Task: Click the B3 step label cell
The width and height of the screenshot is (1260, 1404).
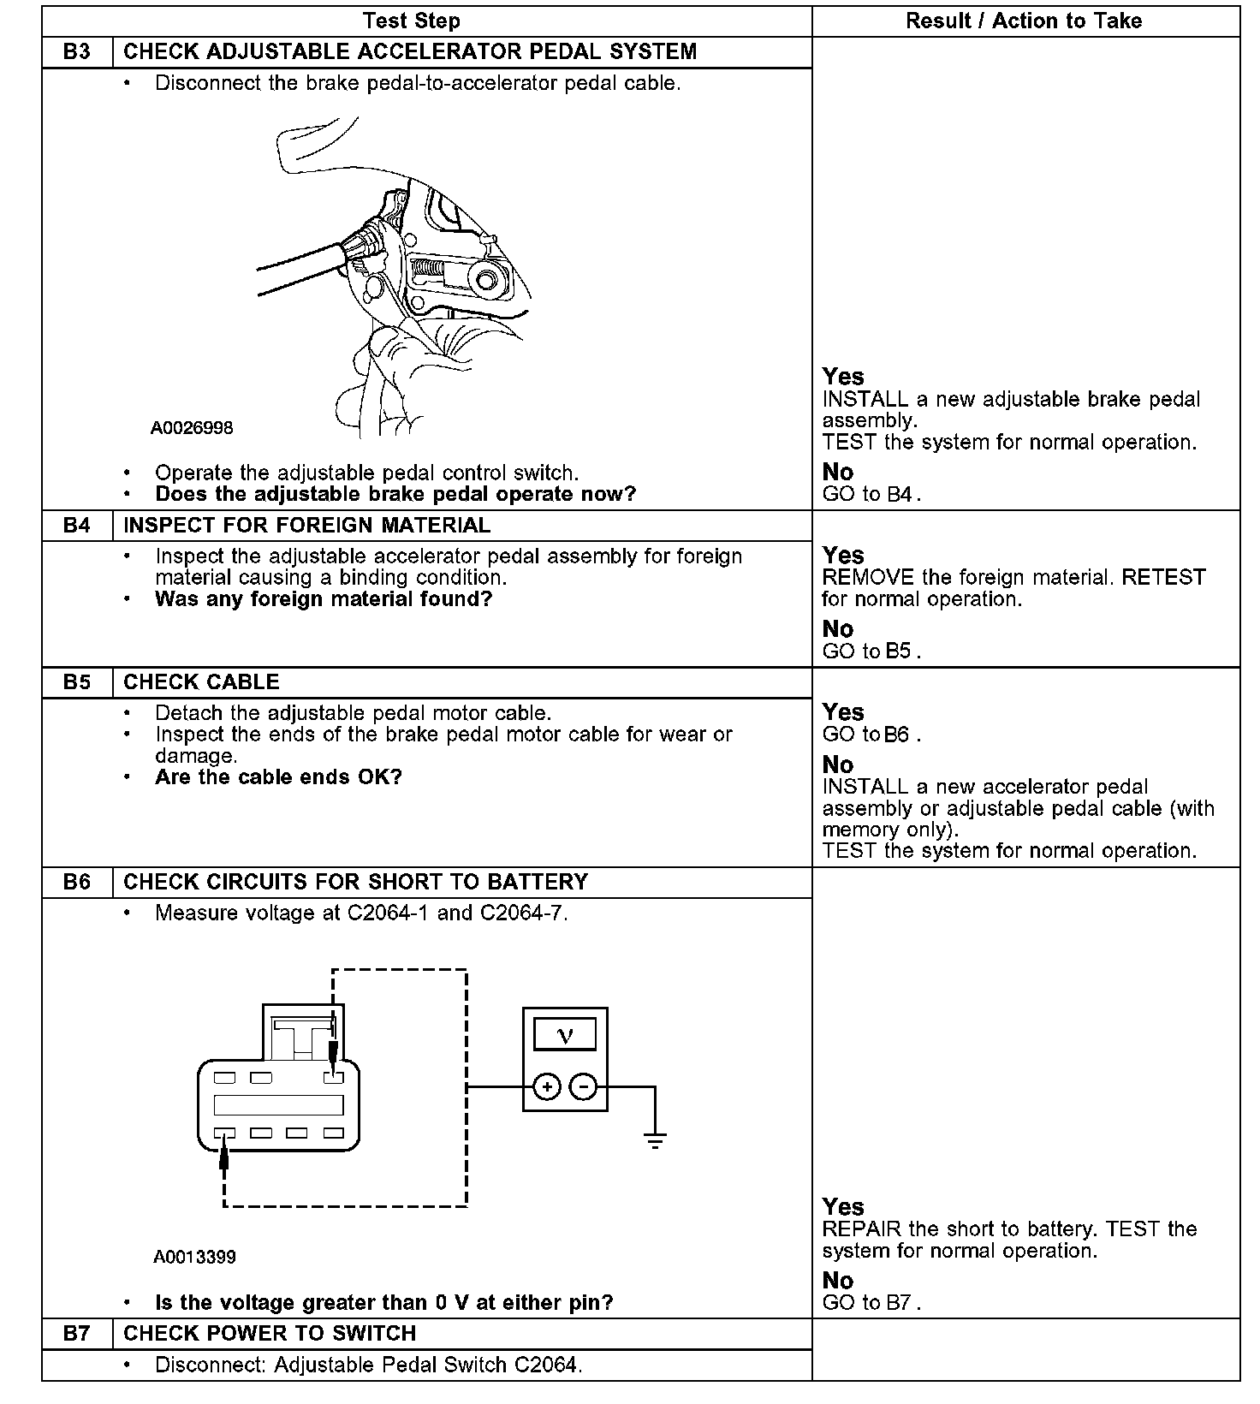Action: tap(77, 52)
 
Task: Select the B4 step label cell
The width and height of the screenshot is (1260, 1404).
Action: tap(77, 526)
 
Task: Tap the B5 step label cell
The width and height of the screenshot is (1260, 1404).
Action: tap(77, 682)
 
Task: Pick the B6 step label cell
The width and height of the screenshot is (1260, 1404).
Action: tap(77, 883)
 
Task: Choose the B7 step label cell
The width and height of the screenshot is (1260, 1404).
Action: tap(77, 1334)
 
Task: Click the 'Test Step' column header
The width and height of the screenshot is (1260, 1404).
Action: tap(412, 21)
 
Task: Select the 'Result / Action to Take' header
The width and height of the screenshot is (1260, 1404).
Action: tap(1024, 21)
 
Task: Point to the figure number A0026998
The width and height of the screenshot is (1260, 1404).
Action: tap(192, 428)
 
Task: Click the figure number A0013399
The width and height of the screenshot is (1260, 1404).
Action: tap(194, 1258)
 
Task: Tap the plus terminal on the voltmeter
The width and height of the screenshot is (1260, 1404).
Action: tap(546, 1087)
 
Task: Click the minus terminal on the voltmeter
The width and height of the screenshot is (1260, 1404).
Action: tap(584, 1087)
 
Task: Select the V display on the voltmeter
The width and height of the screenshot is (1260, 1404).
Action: tap(565, 1036)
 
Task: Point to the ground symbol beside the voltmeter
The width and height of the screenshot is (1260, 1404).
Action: tap(655, 1140)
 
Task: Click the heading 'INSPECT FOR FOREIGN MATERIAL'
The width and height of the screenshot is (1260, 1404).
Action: tap(307, 526)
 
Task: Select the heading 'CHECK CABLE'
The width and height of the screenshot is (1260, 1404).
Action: tap(201, 682)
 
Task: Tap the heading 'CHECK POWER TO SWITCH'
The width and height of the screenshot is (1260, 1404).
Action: tap(270, 1334)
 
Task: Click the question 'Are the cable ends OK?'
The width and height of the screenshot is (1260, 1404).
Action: tap(278, 777)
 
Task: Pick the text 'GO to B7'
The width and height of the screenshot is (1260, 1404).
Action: tap(869, 1303)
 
